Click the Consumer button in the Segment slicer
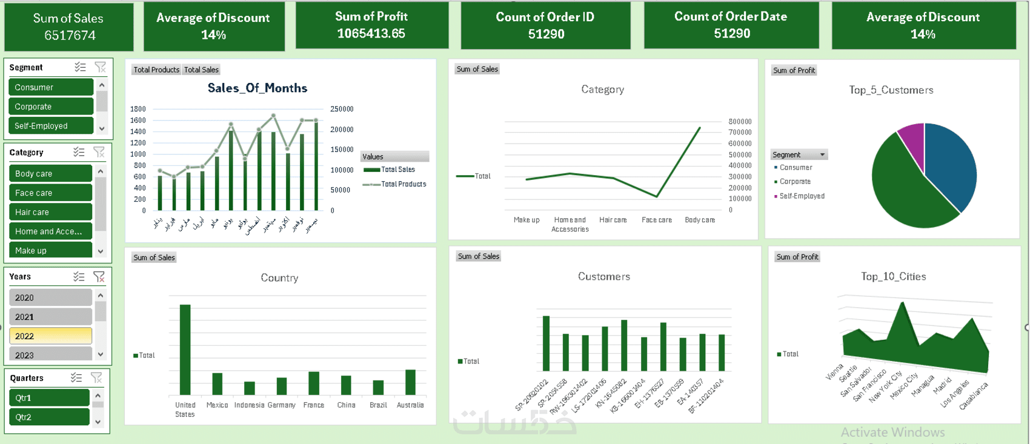(50, 87)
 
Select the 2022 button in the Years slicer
(50, 336)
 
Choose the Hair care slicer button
(50, 212)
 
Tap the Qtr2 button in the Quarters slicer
(49, 417)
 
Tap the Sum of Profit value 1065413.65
(371, 34)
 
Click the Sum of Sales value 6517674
(70, 36)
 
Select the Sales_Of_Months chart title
(257, 88)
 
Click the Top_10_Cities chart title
(893, 277)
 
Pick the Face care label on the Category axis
(657, 220)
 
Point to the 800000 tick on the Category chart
(739, 122)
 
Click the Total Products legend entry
(403, 184)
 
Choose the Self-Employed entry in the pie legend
(802, 196)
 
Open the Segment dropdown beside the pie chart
(822, 155)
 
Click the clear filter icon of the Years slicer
(99, 277)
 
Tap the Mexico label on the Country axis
(217, 405)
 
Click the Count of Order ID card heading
(545, 17)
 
